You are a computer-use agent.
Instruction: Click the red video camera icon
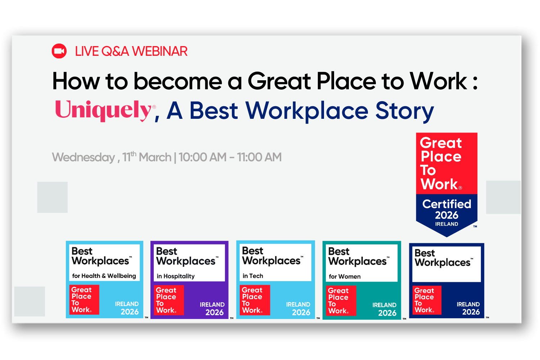pyautogui.click(x=59, y=51)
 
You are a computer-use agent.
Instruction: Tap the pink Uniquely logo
pyautogui.click(x=103, y=110)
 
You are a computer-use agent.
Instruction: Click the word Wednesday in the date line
pyautogui.click(x=84, y=157)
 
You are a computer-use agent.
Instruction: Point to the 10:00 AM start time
pyautogui.click(x=202, y=157)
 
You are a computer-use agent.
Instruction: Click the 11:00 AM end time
pyautogui.click(x=259, y=157)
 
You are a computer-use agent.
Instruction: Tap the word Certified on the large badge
pyautogui.click(x=446, y=204)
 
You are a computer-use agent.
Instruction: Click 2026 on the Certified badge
pyautogui.click(x=446, y=215)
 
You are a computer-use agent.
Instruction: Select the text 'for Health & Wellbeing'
pyautogui.click(x=104, y=276)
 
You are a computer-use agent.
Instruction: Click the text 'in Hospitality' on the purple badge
pyautogui.click(x=176, y=276)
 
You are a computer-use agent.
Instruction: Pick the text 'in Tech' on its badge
pyautogui.click(x=253, y=276)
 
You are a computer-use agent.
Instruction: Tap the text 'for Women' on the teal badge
pyautogui.click(x=345, y=276)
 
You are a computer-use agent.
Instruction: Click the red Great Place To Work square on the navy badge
pyautogui.click(x=427, y=300)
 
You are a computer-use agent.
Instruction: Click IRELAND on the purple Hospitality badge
pyautogui.click(x=212, y=305)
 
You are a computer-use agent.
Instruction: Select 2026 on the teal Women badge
pyautogui.click(x=387, y=313)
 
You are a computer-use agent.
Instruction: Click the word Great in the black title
pyautogui.click(x=279, y=81)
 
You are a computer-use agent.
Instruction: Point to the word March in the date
pyautogui.click(x=155, y=157)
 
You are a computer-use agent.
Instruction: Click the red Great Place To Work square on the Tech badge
pyautogui.click(x=255, y=300)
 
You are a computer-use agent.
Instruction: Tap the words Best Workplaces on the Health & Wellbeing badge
pyautogui.click(x=101, y=256)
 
